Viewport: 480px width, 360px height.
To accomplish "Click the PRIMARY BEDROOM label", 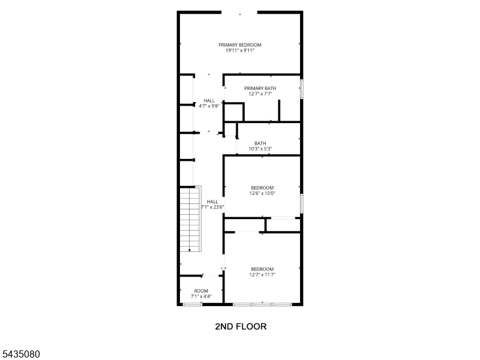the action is pyautogui.click(x=239, y=45).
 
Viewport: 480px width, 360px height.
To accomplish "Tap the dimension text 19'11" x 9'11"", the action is pyautogui.click(x=239, y=50).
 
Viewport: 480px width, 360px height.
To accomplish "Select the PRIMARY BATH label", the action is pyautogui.click(x=260, y=88).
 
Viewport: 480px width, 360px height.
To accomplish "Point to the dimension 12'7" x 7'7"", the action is pyautogui.click(x=260, y=94).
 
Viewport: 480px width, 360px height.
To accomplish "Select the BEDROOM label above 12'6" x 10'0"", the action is pyautogui.click(x=262, y=188).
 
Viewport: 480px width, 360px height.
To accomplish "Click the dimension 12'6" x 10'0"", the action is pyautogui.click(x=262, y=193).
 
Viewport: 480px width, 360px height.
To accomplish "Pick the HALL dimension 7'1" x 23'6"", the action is pyautogui.click(x=212, y=207).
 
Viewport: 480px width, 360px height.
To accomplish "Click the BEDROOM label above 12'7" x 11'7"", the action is pyautogui.click(x=262, y=269).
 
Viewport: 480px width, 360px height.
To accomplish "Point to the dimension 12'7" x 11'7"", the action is pyautogui.click(x=262, y=275).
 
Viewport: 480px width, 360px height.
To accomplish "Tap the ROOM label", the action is pyautogui.click(x=201, y=291).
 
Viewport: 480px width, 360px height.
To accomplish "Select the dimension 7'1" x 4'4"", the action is pyautogui.click(x=201, y=296).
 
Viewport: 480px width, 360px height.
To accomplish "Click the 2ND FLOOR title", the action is pyautogui.click(x=241, y=326).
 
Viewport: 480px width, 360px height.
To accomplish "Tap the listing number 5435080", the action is pyautogui.click(x=20, y=354).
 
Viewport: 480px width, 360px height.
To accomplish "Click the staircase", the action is pyautogui.click(x=190, y=219).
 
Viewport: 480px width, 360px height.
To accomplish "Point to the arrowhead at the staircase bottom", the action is pyautogui.click(x=190, y=250).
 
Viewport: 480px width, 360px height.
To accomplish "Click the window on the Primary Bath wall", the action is pyautogui.click(x=302, y=89).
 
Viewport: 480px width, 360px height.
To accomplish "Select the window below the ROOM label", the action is pyautogui.click(x=193, y=304).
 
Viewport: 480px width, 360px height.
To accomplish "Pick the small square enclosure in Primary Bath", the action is pyautogui.click(x=234, y=112).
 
